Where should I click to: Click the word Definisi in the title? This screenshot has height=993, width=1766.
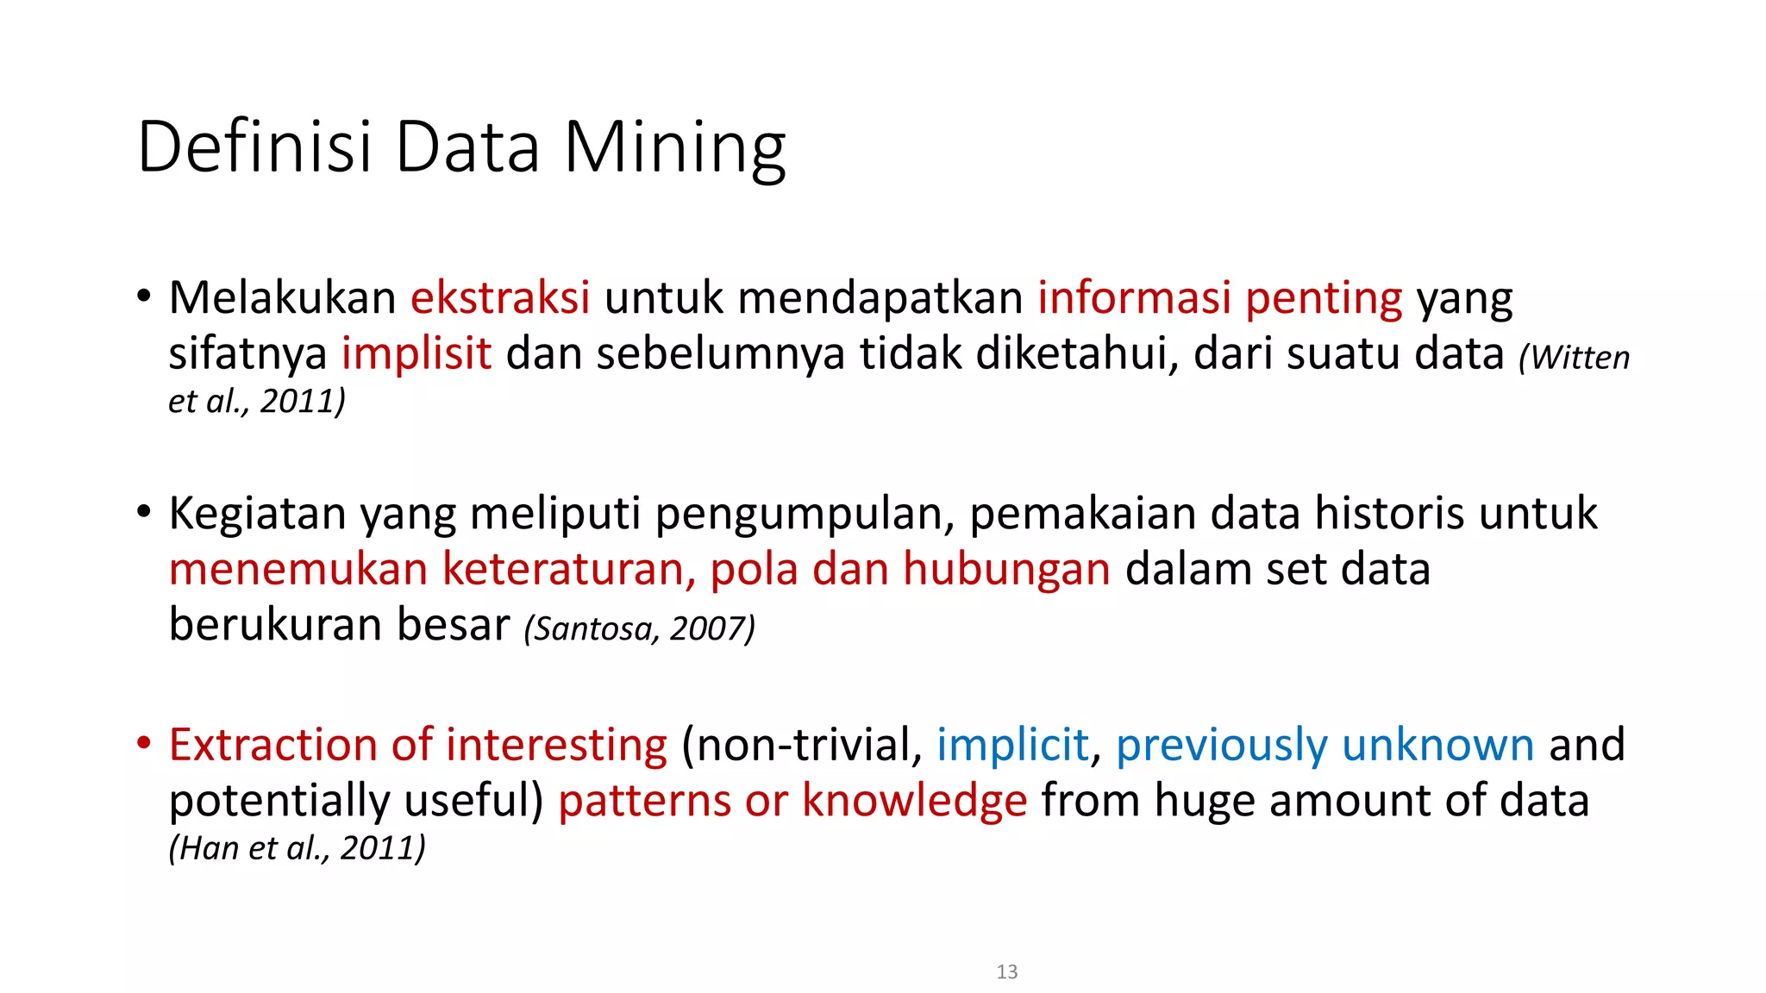click(254, 147)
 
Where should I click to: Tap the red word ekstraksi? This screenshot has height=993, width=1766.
click(500, 297)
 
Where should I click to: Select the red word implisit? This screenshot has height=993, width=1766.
click(416, 353)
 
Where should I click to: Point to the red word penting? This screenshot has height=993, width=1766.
click(1324, 299)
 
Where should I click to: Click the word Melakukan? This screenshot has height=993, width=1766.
click(282, 297)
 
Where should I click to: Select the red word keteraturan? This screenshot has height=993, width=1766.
click(568, 570)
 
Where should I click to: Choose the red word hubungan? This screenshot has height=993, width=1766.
click(1006, 570)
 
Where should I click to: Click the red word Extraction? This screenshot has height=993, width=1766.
click(272, 745)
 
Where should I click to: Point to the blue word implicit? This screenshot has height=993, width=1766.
click(1012, 745)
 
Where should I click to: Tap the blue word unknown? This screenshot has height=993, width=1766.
click(1437, 745)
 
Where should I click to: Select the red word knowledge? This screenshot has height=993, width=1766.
click(914, 801)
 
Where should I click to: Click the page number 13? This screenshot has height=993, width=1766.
click(1006, 971)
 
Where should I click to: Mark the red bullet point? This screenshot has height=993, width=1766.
click(144, 742)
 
